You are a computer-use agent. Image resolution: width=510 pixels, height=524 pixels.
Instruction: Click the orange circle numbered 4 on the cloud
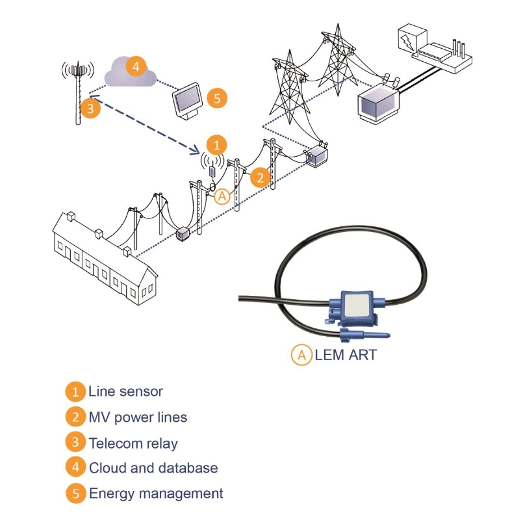tap(136, 67)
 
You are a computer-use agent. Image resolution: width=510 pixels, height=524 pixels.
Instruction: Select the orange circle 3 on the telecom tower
tap(91, 109)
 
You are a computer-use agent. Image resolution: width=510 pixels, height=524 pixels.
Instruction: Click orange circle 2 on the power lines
tap(259, 177)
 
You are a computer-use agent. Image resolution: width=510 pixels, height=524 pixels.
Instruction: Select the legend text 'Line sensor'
tap(125, 391)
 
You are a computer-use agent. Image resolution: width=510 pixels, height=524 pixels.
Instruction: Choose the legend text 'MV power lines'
tap(138, 417)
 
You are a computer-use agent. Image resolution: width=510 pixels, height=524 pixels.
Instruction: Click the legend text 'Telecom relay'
tap(133, 443)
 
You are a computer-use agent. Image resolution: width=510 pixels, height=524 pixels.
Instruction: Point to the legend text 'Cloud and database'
tap(153, 468)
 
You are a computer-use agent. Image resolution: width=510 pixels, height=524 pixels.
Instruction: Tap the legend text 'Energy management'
tap(156, 493)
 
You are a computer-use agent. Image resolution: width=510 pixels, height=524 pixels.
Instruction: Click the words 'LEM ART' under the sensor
tap(344, 355)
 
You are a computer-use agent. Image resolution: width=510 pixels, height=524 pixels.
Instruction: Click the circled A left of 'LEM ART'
tap(301, 355)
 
